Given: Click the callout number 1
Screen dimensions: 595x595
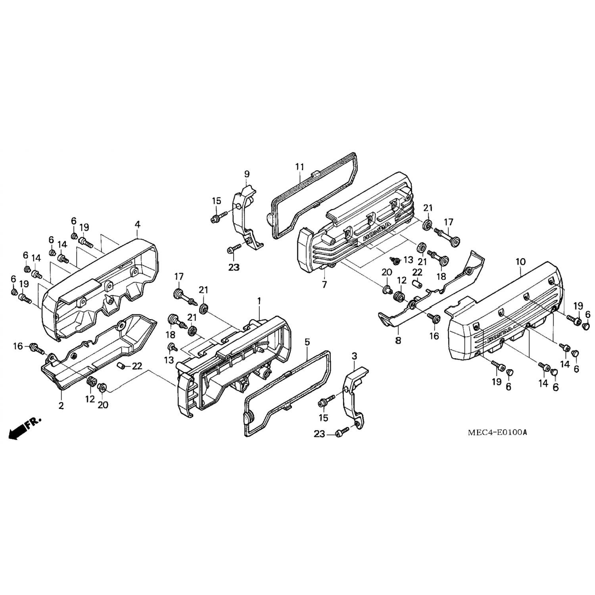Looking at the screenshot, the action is [259, 302].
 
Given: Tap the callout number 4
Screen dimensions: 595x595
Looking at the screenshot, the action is [137, 225].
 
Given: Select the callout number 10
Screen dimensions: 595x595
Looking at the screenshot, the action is [520, 262].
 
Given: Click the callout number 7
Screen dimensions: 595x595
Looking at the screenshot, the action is [324, 284].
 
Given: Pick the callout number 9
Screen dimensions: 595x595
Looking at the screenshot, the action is [247, 173].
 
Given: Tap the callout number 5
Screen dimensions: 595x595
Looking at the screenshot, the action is [308, 342].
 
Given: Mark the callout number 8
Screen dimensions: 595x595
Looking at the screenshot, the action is [398, 340].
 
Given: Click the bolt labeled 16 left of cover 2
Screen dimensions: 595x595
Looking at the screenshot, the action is [38, 349].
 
